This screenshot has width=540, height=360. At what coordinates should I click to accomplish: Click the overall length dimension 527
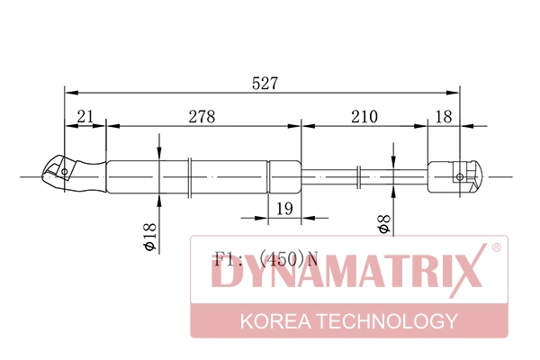(x=265, y=82)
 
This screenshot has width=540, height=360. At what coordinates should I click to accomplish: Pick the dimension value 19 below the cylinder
(x=284, y=209)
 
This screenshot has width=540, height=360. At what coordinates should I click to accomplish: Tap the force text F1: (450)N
(x=265, y=259)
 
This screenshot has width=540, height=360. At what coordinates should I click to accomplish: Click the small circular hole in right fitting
(x=461, y=176)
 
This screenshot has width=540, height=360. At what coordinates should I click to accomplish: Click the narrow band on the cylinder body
(x=190, y=176)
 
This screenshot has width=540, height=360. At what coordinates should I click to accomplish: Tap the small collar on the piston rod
(x=359, y=176)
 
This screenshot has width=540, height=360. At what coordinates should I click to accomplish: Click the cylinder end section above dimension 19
(x=284, y=176)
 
